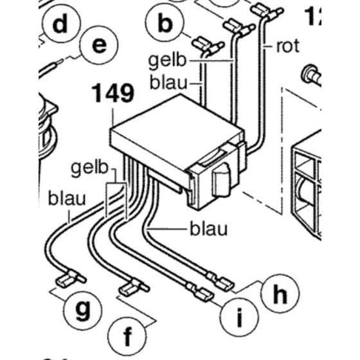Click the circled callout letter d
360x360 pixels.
click(x=60, y=25)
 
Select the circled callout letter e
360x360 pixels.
click(x=98, y=46)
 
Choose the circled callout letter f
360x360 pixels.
click(x=128, y=336)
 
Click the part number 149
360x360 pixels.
click(x=113, y=94)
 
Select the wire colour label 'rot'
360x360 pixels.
click(x=289, y=46)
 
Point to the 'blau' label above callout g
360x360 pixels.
click(x=67, y=199)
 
